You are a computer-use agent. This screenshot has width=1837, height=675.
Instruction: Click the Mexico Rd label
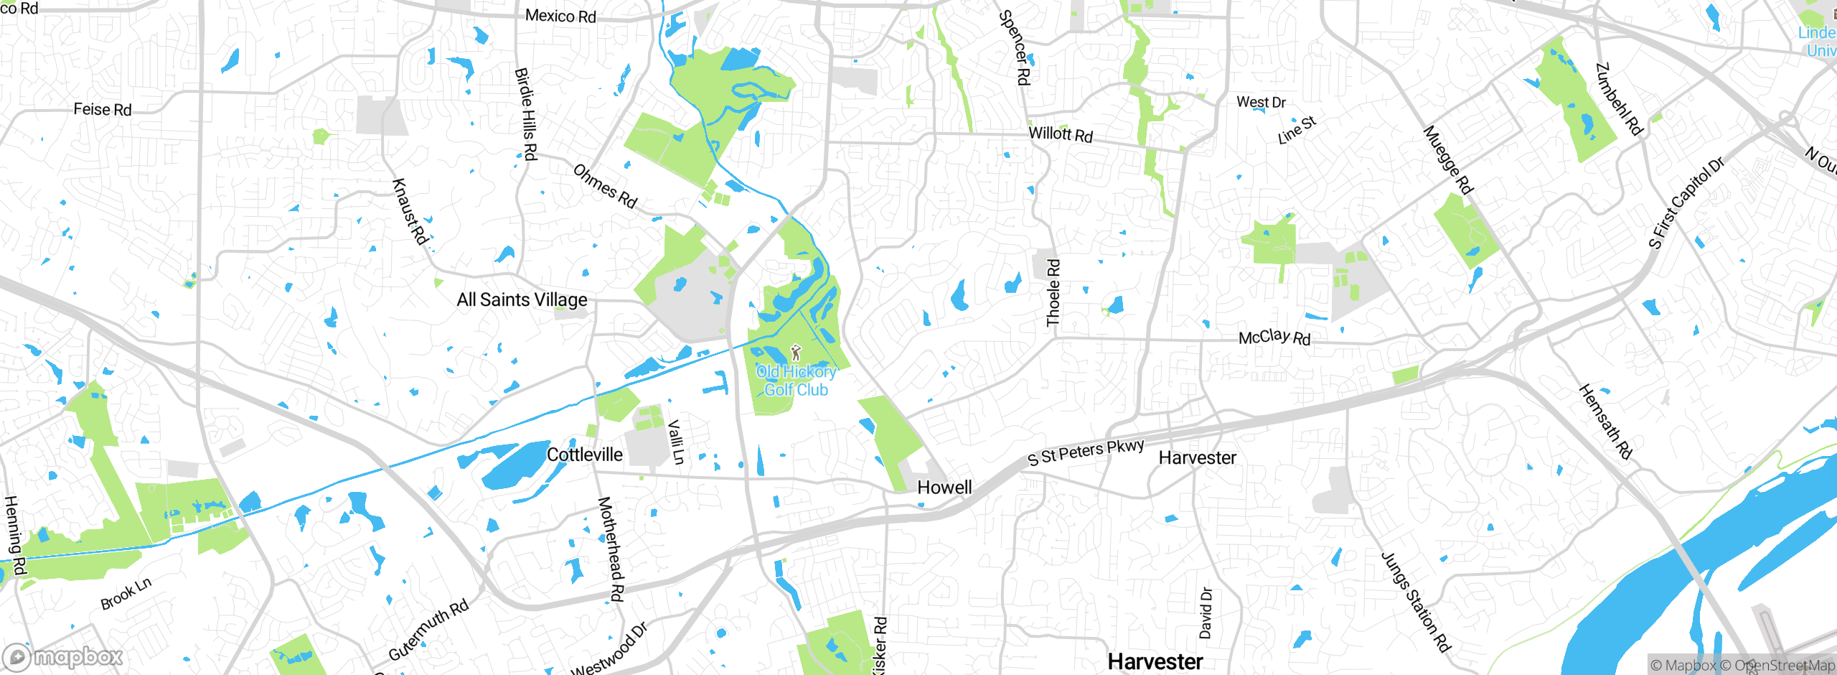(560, 16)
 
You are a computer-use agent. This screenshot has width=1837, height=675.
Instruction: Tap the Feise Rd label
(103, 109)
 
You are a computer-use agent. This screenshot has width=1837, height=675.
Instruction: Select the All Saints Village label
(522, 299)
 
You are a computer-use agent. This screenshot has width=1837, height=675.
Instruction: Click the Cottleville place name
(584, 455)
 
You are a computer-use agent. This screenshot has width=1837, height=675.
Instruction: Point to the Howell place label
(944, 488)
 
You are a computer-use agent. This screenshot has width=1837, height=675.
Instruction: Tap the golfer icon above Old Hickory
(795, 353)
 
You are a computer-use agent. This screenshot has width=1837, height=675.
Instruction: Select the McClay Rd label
(1274, 337)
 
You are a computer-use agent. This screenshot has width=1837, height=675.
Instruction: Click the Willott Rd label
(1061, 134)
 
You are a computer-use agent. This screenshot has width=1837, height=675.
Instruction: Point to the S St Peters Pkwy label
(1086, 452)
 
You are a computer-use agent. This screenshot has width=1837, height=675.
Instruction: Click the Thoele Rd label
(1053, 293)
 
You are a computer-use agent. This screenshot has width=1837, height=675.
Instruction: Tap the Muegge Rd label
(1448, 160)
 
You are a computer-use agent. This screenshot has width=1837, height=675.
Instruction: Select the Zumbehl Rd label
(1619, 99)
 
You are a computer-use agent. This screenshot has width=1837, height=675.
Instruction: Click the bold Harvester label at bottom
(1155, 661)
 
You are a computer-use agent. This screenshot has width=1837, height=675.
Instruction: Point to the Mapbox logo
(63, 657)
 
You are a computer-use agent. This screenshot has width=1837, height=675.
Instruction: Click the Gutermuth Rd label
(428, 630)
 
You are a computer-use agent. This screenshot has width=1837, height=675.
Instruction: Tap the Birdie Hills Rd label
(526, 113)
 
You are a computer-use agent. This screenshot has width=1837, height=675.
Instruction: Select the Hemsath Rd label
(1605, 422)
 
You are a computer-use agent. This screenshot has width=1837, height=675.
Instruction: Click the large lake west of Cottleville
(515, 465)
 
